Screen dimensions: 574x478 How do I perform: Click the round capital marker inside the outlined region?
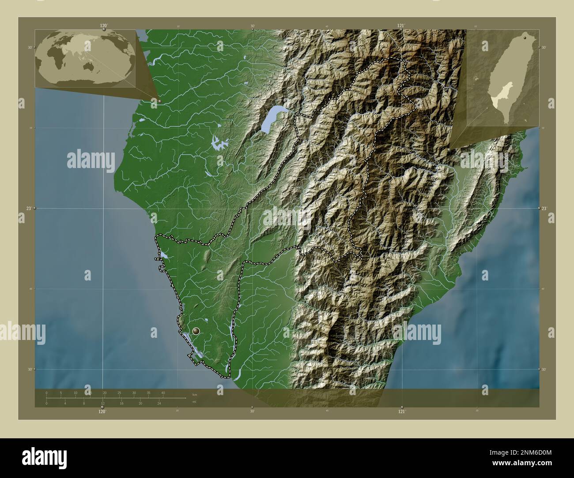tap(196, 330)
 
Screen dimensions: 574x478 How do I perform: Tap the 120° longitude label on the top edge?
tap(103, 26)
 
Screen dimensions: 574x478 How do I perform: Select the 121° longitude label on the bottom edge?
tap(401, 411)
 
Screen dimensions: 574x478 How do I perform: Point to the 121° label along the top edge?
tap(400, 26)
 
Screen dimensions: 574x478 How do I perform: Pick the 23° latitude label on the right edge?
tap(546, 208)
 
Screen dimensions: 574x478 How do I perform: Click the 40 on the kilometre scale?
tap(163, 392)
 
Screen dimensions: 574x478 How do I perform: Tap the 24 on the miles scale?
tap(159, 403)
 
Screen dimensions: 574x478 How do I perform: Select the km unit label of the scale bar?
tap(194, 394)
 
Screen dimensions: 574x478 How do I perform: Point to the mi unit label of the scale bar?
tap(193, 402)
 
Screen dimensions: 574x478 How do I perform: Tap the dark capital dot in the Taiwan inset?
tap(525, 38)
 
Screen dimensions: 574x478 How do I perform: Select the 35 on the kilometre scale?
tap(148, 392)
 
